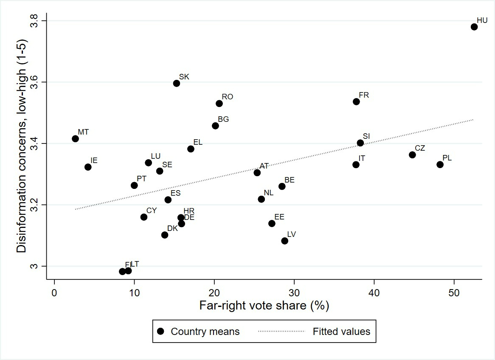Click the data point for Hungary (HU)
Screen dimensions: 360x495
click(474, 27)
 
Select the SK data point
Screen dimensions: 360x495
click(177, 83)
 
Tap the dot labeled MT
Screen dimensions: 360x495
click(75, 138)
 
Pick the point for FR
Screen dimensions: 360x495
click(356, 101)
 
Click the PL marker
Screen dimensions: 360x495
click(440, 164)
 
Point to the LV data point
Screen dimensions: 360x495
click(284, 241)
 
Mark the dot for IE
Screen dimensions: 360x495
click(88, 167)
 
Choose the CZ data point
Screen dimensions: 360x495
click(412, 155)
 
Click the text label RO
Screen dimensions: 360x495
click(228, 97)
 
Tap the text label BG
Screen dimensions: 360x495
click(223, 119)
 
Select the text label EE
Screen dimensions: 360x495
click(279, 217)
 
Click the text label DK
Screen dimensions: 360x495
click(172, 228)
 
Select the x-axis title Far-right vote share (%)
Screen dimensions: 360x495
click(264, 306)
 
